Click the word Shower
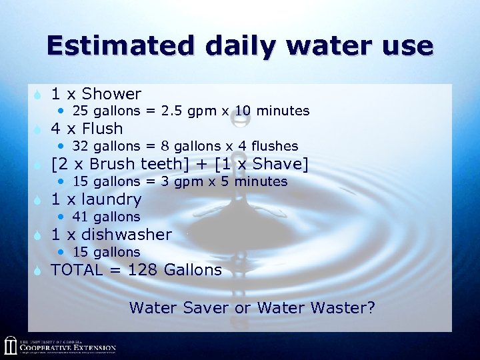(x=111, y=94)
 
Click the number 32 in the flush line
(x=80, y=146)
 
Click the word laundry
(x=111, y=199)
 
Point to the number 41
(x=80, y=217)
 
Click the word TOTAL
(x=77, y=270)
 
